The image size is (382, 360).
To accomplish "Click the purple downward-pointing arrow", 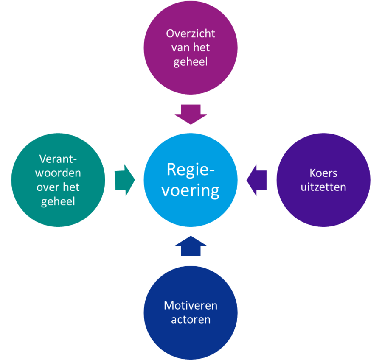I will (191, 114).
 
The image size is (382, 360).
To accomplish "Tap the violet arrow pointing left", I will (257, 180).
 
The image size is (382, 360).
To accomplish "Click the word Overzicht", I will (191, 33).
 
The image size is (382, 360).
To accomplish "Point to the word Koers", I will (323, 173).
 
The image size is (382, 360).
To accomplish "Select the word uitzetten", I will (323, 187).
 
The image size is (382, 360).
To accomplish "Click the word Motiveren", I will (191, 305).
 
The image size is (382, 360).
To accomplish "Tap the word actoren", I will (191, 319).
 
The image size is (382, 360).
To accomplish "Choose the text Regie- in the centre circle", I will (191, 169).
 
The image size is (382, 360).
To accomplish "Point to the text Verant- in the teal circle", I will (58, 159).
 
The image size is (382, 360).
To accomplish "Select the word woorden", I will (58, 173).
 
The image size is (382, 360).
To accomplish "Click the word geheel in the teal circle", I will (58, 201).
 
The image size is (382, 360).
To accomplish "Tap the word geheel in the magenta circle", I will (191, 61).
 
